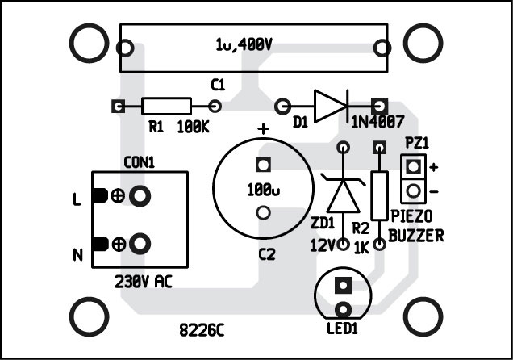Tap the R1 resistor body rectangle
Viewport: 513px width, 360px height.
click(x=167, y=106)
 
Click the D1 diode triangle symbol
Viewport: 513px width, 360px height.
click(x=330, y=106)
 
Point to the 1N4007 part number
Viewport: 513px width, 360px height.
click(x=374, y=124)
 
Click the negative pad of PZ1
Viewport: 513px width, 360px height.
click(x=414, y=191)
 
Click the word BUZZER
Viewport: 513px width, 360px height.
click(x=415, y=235)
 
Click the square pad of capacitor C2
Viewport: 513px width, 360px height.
click(x=261, y=165)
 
